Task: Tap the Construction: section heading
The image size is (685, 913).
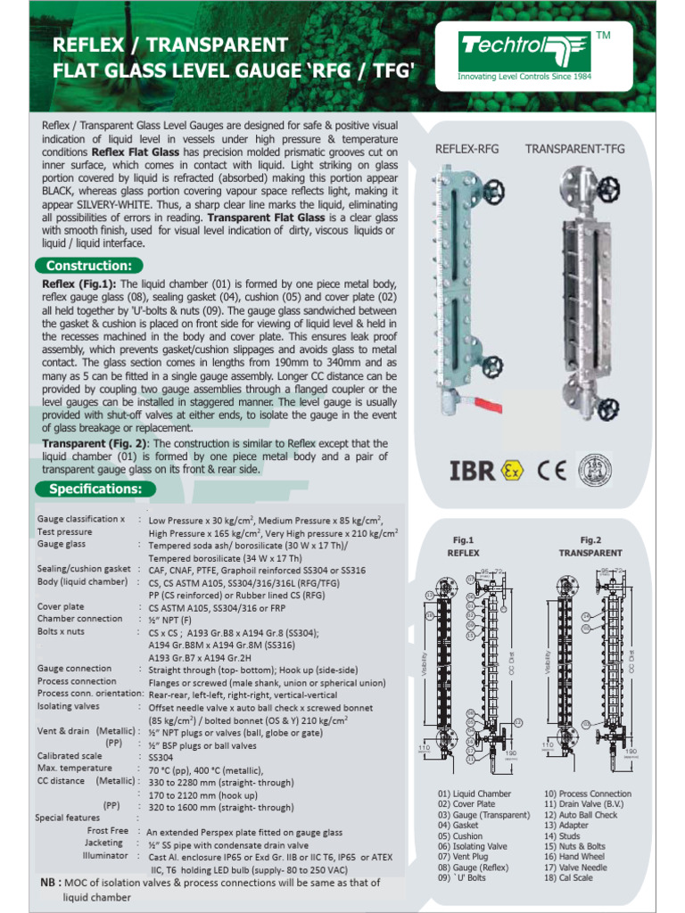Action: coord(88,265)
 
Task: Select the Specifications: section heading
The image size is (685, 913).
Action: coord(95,489)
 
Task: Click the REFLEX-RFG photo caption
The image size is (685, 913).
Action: coord(466,149)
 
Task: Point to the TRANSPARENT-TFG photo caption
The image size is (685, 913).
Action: coord(574,149)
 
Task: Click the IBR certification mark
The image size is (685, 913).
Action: coord(470,470)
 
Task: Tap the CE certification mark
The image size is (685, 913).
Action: coord(551,470)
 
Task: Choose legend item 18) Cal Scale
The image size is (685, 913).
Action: coord(568,878)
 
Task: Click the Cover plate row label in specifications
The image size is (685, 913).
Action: coord(62,606)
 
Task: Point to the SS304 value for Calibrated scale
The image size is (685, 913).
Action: coord(161,756)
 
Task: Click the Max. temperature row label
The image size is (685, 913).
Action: coord(74,768)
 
